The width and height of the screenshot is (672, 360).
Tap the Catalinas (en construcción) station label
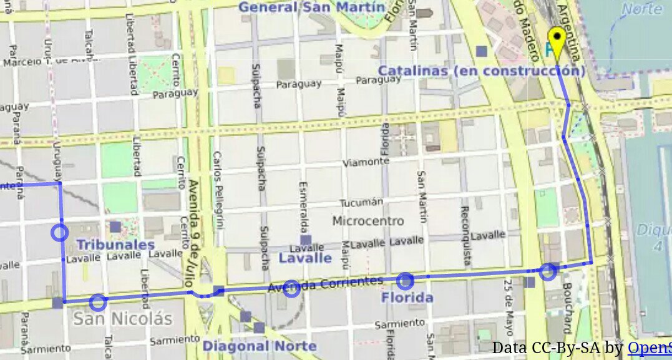coord(482,71)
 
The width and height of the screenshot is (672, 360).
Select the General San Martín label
coord(311,7)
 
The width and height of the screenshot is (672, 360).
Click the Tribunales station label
coord(115,245)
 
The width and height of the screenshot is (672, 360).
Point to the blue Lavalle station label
coord(305,258)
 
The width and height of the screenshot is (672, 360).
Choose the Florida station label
coord(407,298)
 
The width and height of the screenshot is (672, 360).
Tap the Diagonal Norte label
coord(259,346)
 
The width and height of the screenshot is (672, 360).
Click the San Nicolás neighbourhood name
coord(122,319)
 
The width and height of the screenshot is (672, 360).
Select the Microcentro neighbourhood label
coord(368,221)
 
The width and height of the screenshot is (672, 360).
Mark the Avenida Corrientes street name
coord(325,285)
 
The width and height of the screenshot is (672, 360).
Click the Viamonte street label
coord(366,162)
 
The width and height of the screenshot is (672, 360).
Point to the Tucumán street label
coord(361,203)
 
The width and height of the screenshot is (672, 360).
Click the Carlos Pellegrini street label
coord(218,190)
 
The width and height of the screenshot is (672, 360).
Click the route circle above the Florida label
coord(405,281)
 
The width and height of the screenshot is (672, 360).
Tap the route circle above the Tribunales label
coord(59,233)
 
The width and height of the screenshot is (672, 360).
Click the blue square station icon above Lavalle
coord(305,240)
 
